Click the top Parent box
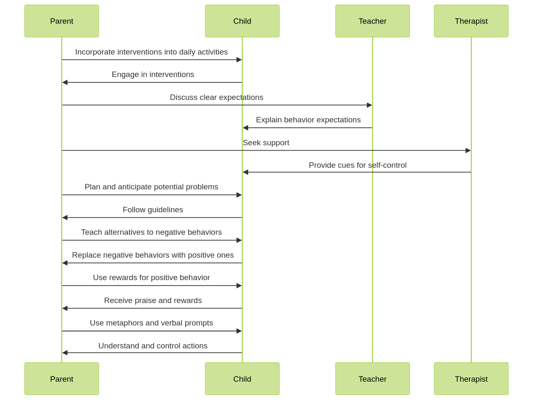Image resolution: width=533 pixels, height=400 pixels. click(x=62, y=21)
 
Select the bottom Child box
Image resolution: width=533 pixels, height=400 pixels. click(x=242, y=379)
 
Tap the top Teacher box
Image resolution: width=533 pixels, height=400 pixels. click(x=372, y=21)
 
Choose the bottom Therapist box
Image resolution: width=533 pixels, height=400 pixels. click(x=471, y=379)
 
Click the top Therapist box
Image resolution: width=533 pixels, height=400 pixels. click(x=471, y=21)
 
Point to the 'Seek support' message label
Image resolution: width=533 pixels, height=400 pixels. click(x=266, y=143)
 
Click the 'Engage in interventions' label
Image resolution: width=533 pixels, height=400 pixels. click(x=153, y=75)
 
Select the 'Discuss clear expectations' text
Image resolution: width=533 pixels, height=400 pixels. click(x=217, y=97)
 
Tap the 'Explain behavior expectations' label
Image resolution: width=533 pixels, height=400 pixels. click(x=308, y=120)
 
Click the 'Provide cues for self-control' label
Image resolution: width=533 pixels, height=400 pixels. click(x=357, y=165)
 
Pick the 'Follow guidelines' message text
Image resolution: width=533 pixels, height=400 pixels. click(x=153, y=210)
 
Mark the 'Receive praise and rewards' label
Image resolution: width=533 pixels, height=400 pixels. click(x=153, y=301)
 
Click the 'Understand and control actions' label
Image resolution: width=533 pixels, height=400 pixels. click(x=153, y=346)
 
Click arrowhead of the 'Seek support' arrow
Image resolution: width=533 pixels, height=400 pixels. click(x=468, y=150)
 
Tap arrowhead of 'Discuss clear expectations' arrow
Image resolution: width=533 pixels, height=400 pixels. click(x=369, y=105)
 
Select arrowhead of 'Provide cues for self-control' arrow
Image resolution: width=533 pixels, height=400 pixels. click(x=246, y=172)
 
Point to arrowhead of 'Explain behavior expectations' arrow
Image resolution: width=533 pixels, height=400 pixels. click(x=246, y=128)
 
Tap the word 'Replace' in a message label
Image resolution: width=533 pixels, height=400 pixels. click(x=85, y=255)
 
